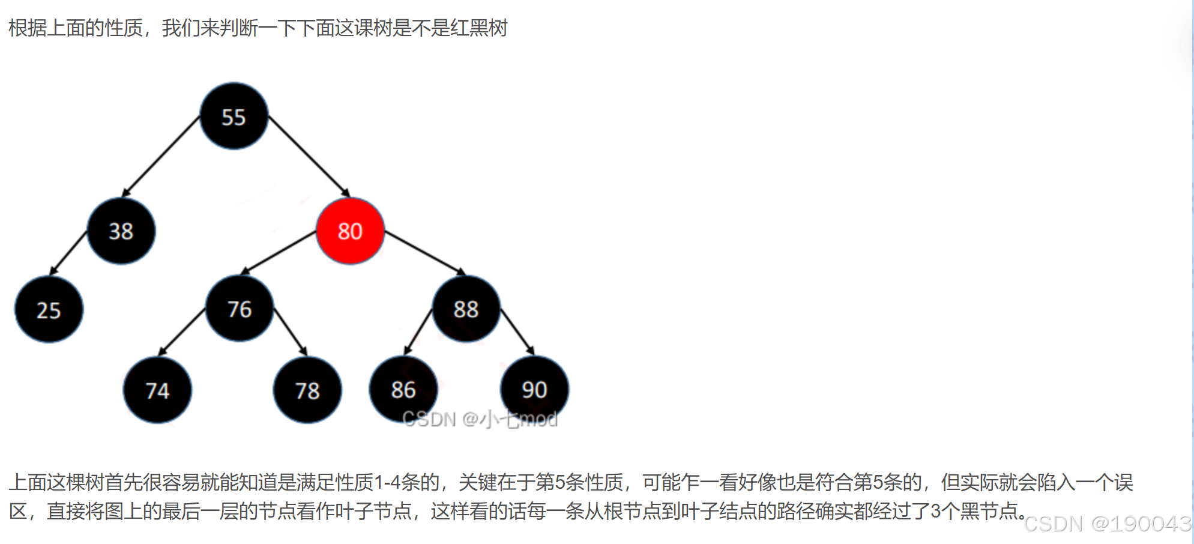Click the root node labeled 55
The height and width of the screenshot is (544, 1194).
pyautogui.click(x=234, y=116)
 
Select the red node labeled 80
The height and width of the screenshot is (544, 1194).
pyautogui.click(x=350, y=231)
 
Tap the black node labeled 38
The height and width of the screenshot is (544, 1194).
pyautogui.click(x=121, y=231)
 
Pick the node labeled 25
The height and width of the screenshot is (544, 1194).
pyautogui.click(x=49, y=310)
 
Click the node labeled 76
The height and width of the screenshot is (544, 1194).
pyautogui.click(x=240, y=309)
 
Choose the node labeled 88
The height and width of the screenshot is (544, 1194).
pyautogui.click(x=466, y=309)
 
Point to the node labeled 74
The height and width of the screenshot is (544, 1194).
pyautogui.click(x=157, y=390)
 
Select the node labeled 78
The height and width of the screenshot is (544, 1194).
pyautogui.click(x=307, y=390)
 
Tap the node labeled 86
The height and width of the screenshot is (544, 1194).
pyautogui.click(x=403, y=389)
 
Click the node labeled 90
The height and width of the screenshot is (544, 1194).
pyautogui.click(x=534, y=389)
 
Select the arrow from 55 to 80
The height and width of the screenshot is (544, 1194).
pyautogui.click(x=309, y=156)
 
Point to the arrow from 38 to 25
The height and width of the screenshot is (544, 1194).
pyautogui.click(x=69, y=252)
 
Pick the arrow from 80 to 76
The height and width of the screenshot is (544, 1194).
pyautogui.click(x=279, y=253)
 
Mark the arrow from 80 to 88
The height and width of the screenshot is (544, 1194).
pyautogui.click(x=424, y=253)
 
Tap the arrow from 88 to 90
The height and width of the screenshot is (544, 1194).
pyautogui.click(x=517, y=331)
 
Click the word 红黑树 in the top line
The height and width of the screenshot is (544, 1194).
pyautogui.click(x=478, y=28)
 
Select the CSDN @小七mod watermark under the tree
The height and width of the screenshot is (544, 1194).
pyautogui.click(x=480, y=419)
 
